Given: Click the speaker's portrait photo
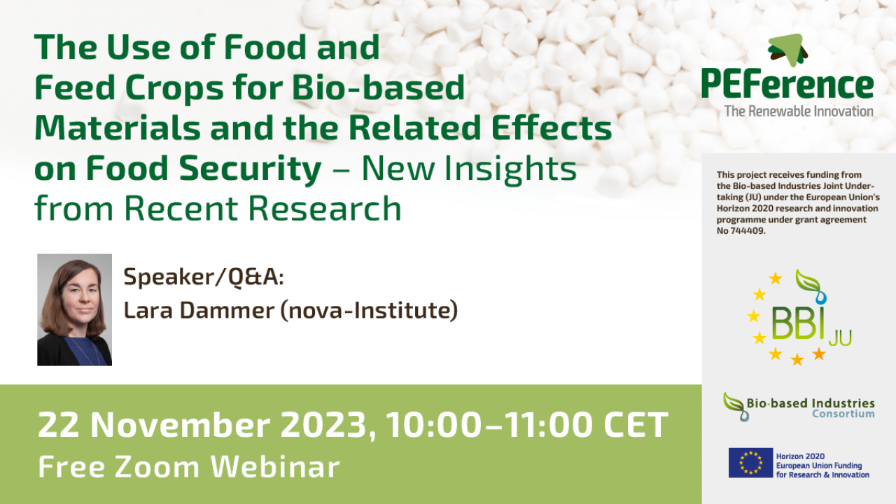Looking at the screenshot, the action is pos(74,309).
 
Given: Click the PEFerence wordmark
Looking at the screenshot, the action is pos(787,83).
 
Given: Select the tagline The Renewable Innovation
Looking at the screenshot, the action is pos(799,111).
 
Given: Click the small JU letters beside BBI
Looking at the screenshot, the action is pos(840,338).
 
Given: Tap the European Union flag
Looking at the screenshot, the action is pos(750,463).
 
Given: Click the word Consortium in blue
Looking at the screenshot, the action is pos(843,414).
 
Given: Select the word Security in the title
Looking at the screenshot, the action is pos(250,169).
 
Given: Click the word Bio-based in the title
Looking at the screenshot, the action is pos(379,87).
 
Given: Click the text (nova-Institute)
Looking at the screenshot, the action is pos(369,310).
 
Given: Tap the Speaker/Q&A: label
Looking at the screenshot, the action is pos(204,276).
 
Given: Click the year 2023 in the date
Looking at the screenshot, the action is pos(323,424).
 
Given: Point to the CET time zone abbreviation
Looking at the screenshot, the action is pos(636,424).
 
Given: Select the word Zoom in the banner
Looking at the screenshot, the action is pos(157,467).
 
